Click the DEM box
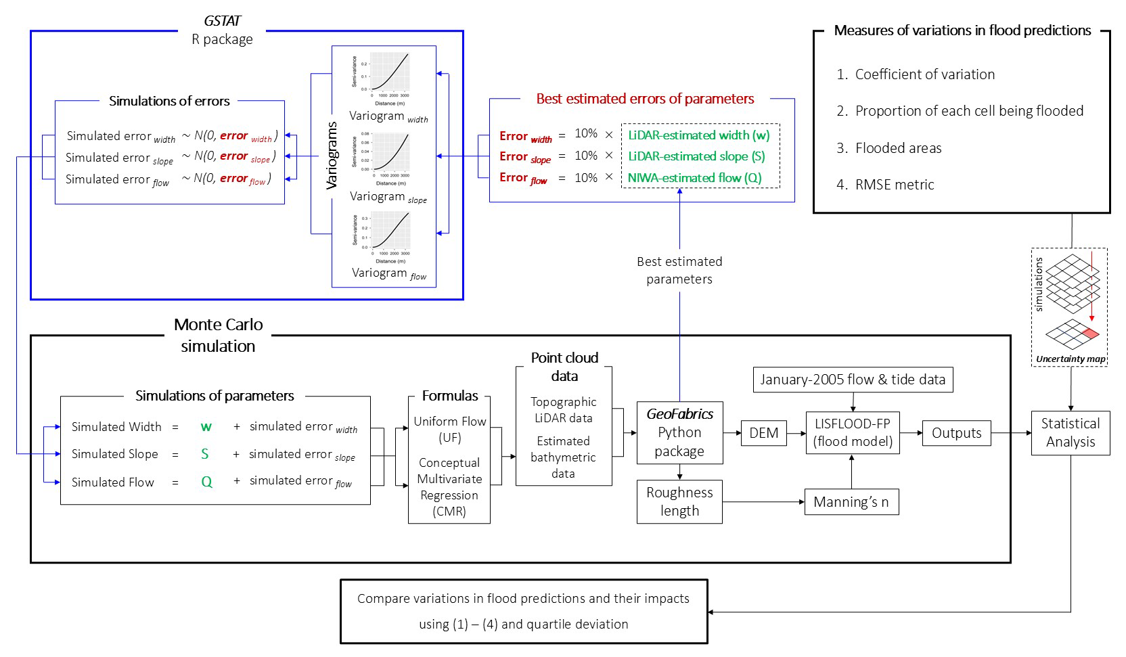pos(764,433)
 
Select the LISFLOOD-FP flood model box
pos(853,433)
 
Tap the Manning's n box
pos(851,502)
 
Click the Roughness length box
pos(679,501)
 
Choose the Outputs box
pos(956,433)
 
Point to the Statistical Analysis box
pos(1070,433)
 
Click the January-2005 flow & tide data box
pos(853,380)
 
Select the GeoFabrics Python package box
pos(679,433)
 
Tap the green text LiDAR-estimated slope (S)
pos(696,156)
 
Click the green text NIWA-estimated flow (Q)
pos(694,178)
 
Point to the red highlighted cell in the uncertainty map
pos(1089,333)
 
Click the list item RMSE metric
pos(894,185)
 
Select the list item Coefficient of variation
pos(924,74)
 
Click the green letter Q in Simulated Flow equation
pos(206,482)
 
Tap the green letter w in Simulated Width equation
pos(206,427)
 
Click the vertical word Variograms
pos(332,156)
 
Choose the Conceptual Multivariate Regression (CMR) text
pos(449,487)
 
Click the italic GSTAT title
pos(222,21)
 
